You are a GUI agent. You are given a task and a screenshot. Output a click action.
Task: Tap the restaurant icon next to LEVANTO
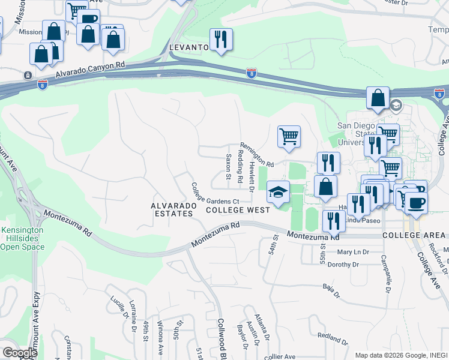(220, 39)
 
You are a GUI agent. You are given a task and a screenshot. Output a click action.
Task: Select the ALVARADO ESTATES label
(173, 209)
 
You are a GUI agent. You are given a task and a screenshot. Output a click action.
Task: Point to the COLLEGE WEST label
(234, 210)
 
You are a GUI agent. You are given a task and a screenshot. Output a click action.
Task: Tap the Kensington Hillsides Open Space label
(22, 238)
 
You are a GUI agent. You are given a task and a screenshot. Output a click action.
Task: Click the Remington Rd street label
(256, 155)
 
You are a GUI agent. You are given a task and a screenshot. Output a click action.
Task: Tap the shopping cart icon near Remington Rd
(289, 136)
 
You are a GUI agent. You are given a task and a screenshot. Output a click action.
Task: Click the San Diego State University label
(351, 134)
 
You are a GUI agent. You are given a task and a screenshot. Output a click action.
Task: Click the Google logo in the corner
(20, 353)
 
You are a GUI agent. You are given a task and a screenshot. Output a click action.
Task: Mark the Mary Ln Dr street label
(352, 252)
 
